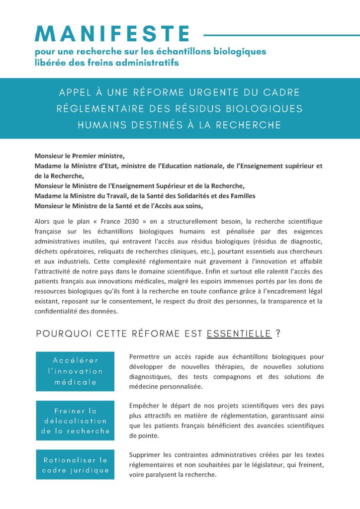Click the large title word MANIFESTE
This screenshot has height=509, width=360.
coord(112,34)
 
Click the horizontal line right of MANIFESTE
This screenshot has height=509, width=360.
coord(281,35)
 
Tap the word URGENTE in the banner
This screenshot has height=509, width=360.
coord(212,93)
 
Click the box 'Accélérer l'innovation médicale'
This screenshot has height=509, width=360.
coord(75,371)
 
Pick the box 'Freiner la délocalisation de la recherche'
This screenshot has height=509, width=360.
coord(75,421)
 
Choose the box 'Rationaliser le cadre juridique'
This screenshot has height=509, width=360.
coord(75,465)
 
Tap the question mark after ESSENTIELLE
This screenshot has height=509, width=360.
coord(278,334)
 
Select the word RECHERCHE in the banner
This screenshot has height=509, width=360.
coord(253,124)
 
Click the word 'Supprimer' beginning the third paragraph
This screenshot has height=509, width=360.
coord(145,455)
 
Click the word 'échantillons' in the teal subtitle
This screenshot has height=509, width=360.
coord(169,52)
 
